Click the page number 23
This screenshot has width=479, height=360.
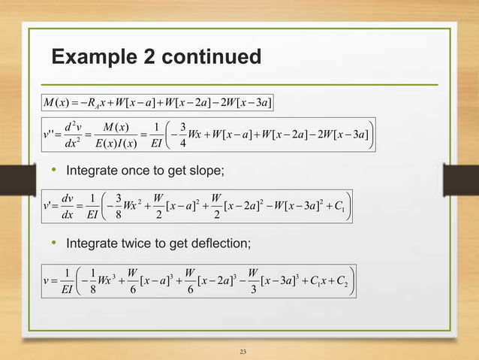point(242,351)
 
